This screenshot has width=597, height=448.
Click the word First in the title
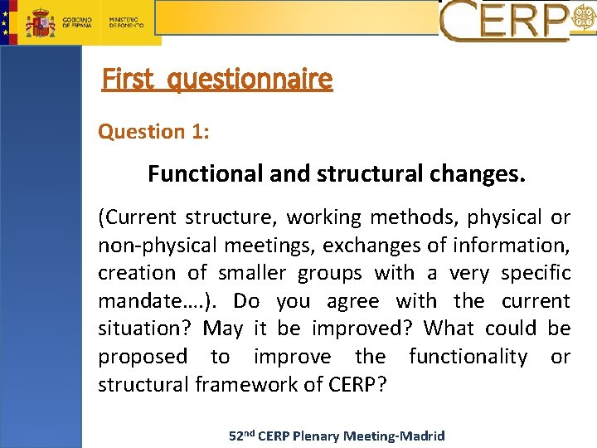point(128,79)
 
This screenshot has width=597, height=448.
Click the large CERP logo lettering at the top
point(504,21)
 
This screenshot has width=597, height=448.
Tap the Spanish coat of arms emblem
point(39,22)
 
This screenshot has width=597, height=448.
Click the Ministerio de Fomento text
point(127,22)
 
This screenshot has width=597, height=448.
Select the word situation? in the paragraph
point(146,329)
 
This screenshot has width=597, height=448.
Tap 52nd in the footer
point(243,436)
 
